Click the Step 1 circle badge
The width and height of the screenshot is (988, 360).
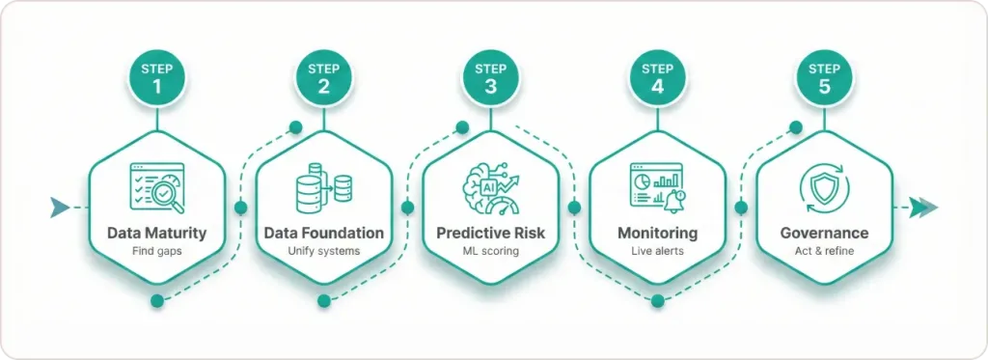click(x=157, y=78)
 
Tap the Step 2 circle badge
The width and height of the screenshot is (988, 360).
click(x=324, y=78)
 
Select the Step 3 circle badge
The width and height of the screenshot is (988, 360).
click(x=490, y=78)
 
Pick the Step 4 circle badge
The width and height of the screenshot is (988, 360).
click(x=657, y=78)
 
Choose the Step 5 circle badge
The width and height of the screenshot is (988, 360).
click(x=824, y=78)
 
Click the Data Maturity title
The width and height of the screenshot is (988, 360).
click(x=157, y=233)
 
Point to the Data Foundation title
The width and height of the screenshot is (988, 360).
click(x=324, y=233)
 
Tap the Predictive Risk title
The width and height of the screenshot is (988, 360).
click(x=490, y=233)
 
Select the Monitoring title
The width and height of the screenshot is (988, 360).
click(x=657, y=233)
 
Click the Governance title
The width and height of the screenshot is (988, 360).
click(x=824, y=233)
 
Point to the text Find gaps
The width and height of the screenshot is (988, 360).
click(x=157, y=252)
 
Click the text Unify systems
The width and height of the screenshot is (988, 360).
click(x=324, y=252)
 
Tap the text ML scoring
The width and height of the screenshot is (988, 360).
click(x=490, y=252)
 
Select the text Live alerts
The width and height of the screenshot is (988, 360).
click(x=657, y=252)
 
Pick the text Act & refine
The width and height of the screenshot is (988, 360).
click(x=824, y=252)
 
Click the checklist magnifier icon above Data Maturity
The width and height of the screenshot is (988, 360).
click(x=157, y=186)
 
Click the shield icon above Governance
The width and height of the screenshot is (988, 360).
click(x=824, y=186)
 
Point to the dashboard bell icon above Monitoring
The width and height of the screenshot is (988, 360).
click(x=657, y=186)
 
